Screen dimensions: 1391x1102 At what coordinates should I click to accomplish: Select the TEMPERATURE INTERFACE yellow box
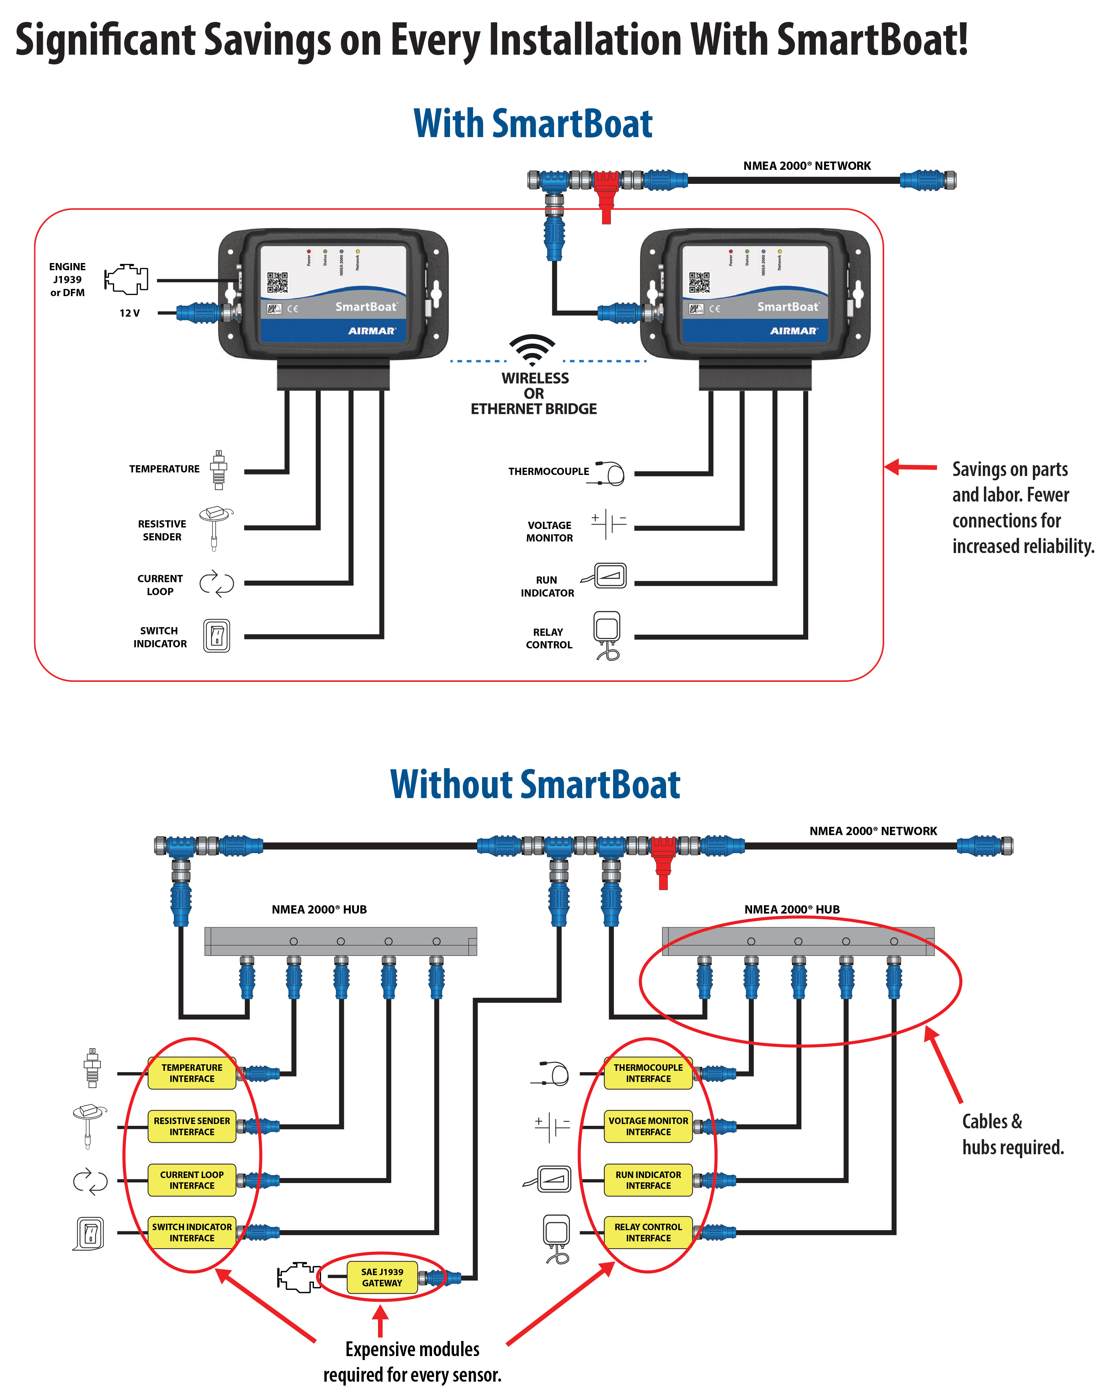192,1073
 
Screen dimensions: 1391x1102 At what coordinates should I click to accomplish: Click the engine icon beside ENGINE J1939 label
126,278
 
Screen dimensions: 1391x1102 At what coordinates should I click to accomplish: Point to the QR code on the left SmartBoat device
278,282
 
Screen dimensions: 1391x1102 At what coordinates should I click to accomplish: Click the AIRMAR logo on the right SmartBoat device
793,331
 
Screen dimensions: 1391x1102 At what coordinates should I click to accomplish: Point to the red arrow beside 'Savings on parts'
910,467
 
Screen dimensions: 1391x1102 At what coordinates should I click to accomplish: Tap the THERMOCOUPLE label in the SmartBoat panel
548,471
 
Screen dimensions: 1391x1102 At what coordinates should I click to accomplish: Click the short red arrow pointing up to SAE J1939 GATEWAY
381,1321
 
